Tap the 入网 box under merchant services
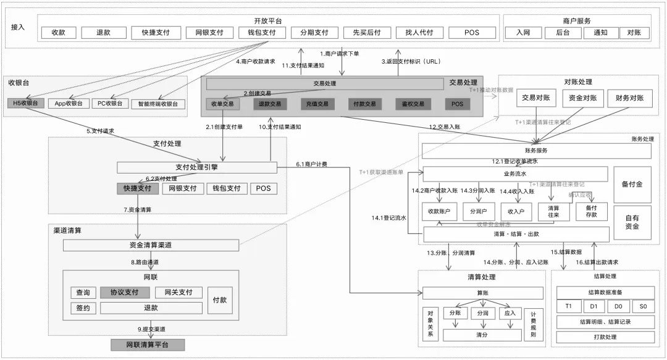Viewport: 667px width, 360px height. coord(524,33)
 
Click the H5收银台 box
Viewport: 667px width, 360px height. coord(26,103)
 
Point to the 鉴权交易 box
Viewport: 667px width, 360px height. coord(409,104)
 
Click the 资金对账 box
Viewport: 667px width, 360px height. coord(582,98)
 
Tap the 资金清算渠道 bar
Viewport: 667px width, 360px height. coord(150,245)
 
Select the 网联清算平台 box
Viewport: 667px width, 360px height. coord(147,345)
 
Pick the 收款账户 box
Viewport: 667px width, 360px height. coord(439,212)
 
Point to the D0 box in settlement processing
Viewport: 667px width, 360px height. coord(618,307)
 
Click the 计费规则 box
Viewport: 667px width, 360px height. coord(534,325)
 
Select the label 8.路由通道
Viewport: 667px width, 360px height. coord(149,262)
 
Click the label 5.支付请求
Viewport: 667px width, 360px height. coord(99,131)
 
